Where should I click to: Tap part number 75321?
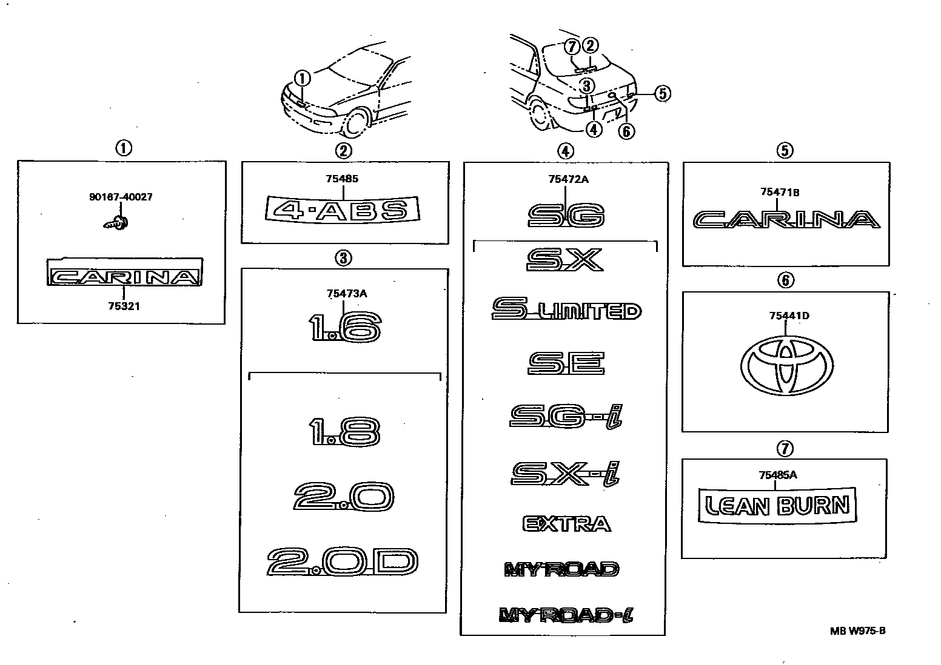(124, 306)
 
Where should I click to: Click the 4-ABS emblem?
(343, 210)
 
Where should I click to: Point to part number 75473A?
(347, 294)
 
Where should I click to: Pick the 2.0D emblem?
(343, 562)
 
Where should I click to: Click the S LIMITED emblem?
(566, 309)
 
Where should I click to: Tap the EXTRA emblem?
(566, 523)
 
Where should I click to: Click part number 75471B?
(780, 192)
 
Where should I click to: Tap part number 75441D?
(789, 316)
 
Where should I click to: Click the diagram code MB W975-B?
(858, 630)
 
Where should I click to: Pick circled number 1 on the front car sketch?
(303, 78)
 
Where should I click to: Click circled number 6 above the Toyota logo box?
(785, 280)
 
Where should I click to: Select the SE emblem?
(566, 363)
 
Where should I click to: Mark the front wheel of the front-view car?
(357, 122)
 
